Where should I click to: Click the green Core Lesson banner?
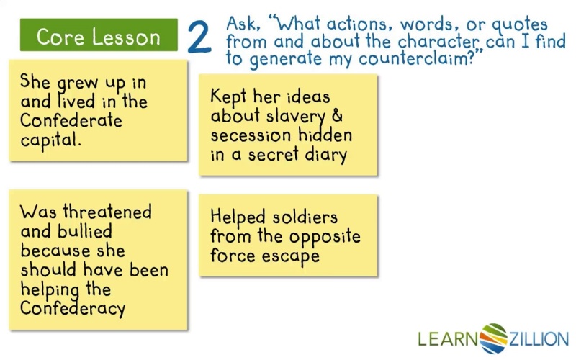click(99, 35)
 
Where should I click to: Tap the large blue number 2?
click(199, 37)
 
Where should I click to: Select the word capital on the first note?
click(50, 140)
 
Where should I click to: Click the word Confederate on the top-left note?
click(71, 120)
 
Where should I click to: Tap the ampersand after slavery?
click(337, 115)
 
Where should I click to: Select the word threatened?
click(107, 212)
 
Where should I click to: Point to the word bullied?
click(84, 231)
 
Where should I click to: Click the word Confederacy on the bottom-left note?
click(73, 308)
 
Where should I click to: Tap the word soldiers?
click(305, 217)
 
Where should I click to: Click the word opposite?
click(325, 237)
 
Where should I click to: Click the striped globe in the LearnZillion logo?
click(493, 338)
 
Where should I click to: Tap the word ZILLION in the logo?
click(539, 338)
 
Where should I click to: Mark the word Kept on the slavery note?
click(228, 97)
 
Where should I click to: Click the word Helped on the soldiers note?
click(238, 217)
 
